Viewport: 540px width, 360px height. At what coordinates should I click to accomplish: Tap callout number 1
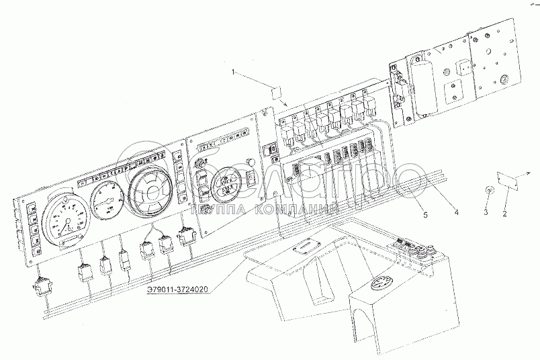tap(233, 72)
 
